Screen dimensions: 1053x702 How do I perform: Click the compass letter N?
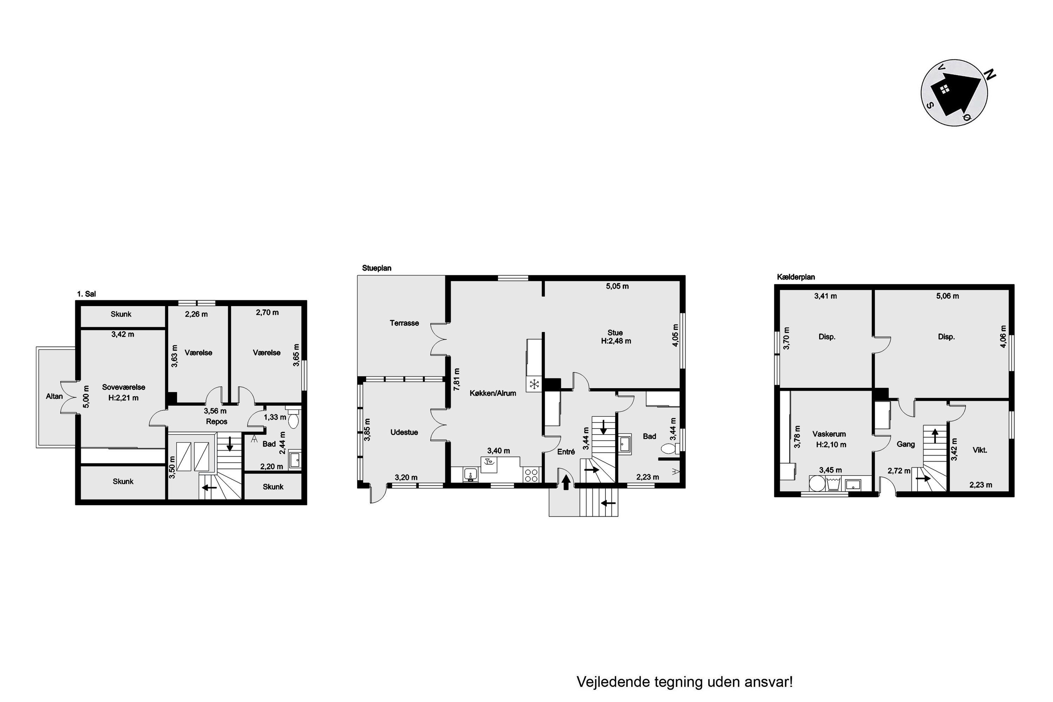tap(991, 75)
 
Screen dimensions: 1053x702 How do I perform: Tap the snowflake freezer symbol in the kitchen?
tap(534, 384)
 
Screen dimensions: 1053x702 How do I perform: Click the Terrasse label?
tap(404, 323)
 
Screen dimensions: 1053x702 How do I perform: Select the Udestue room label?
tap(404, 432)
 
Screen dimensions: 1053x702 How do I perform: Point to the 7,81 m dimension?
tap(457, 379)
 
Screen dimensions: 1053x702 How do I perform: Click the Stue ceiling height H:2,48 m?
tap(616, 341)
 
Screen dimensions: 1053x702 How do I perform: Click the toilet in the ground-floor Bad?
tap(668, 448)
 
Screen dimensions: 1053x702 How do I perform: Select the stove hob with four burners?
tap(531, 475)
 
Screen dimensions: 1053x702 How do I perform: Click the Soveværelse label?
tap(124, 387)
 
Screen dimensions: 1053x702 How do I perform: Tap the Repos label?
tap(217, 421)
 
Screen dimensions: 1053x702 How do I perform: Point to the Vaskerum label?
tap(829, 434)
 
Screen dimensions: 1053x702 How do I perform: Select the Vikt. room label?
tap(980, 450)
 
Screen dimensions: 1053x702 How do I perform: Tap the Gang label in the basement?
tap(906, 444)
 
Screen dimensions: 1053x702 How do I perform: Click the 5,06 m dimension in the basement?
tap(947, 296)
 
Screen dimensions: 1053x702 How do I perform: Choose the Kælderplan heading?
tap(796, 277)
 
